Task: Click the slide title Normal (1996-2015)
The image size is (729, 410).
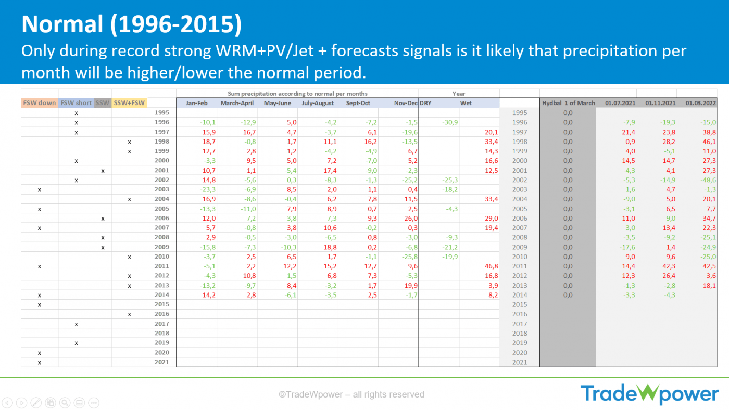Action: click(x=132, y=23)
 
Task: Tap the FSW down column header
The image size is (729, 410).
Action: click(x=40, y=103)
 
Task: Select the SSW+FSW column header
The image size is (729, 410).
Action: click(x=129, y=103)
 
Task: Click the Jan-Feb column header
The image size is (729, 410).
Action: click(x=197, y=103)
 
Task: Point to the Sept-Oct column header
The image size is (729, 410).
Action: click(x=358, y=103)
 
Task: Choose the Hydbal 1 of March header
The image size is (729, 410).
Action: click(x=568, y=103)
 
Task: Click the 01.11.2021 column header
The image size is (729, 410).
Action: click(x=660, y=103)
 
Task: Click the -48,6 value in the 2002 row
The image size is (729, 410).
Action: click(x=706, y=180)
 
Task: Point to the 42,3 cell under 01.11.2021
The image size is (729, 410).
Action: click(x=667, y=266)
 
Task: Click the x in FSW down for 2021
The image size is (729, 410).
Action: click(x=40, y=362)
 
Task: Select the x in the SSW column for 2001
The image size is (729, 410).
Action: click(x=103, y=171)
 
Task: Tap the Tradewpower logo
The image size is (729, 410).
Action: click(x=649, y=394)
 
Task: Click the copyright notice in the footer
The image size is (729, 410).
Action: click(x=351, y=394)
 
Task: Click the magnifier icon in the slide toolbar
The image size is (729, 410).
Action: click(x=65, y=402)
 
